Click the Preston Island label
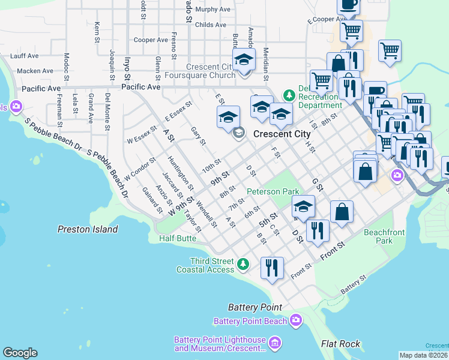coord(88,229)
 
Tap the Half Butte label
coord(178,238)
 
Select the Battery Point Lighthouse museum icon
coord(275,343)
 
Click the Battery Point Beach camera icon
coord(295,321)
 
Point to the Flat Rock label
coord(340,344)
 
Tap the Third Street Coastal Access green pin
coord(243,263)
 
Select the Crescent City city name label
coord(282,134)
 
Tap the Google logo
coord(20,353)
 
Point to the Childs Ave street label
coord(211,25)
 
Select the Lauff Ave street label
coord(24,56)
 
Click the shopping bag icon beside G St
coord(342,211)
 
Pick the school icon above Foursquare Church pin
coord(244,59)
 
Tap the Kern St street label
coord(97,32)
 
